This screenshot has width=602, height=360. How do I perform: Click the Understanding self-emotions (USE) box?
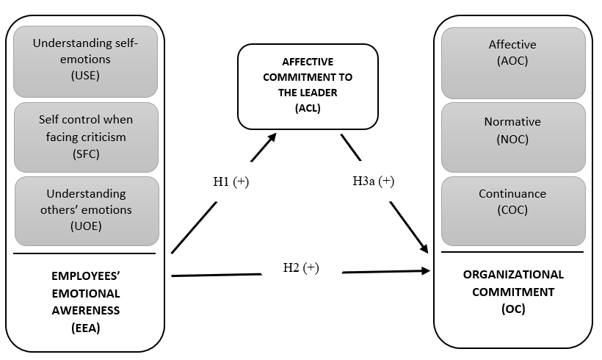pyautogui.click(x=86, y=62)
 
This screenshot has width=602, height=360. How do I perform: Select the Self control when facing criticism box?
pyautogui.click(x=86, y=137)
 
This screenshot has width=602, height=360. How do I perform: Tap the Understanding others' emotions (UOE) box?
pyautogui.click(x=86, y=211)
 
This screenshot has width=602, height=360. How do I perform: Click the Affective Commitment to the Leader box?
pyautogui.click(x=307, y=86)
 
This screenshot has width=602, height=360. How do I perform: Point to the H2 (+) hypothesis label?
pyautogui.click(x=301, y=267)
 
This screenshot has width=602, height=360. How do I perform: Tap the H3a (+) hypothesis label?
pyautogui.click(x=374, y=181)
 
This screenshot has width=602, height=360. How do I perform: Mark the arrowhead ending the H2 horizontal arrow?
pyautogui.click(x=427, y=271)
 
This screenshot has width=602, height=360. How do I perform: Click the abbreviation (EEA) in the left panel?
pyautogui.click(x=86, y=328)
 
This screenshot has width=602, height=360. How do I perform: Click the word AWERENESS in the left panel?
pyautogui.click(x=86, y=311)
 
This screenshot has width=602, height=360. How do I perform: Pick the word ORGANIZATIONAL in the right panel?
pyautogui.click(x=513, y=274)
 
